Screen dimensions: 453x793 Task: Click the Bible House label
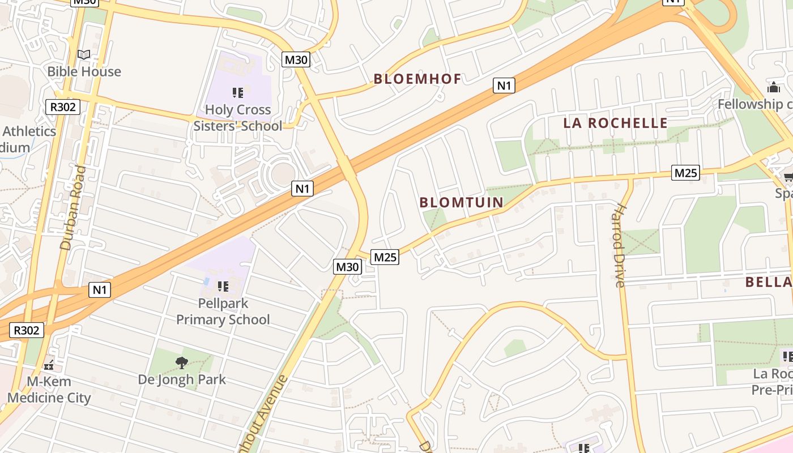[84, 71]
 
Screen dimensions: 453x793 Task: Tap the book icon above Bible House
[84, 55]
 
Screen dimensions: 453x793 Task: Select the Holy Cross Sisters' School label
[238, 117]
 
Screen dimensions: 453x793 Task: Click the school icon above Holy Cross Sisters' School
[238, 92]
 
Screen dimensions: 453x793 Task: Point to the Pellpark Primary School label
[223, 311]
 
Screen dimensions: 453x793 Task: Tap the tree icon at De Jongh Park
[182, 362]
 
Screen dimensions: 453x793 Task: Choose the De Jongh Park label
[182, 379]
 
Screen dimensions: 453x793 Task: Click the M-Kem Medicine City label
[49, 390]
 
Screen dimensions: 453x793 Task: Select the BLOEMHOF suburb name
[417, 79]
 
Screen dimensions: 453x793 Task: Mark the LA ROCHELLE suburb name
[615, 123]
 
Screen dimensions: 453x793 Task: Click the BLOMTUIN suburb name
[462, 202]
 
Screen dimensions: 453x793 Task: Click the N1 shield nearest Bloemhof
[504, 86]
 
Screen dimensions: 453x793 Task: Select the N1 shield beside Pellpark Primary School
[100, 290]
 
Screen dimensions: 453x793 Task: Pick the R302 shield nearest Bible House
[63, 106]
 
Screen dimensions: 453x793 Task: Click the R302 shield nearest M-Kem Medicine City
[27, 330]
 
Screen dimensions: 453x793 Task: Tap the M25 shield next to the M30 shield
[385, 257]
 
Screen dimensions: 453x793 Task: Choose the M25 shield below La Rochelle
[685, 173]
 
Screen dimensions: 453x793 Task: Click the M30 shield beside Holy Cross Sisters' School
[296, 59]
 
